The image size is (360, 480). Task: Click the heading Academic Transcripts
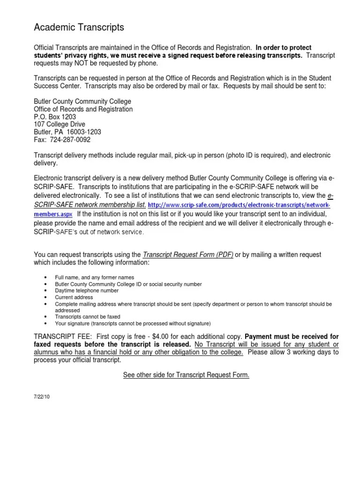79,28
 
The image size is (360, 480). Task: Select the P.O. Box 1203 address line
55,117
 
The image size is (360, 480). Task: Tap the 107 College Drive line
60,124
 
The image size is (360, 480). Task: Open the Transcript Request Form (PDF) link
188,255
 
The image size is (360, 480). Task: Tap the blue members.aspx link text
52,213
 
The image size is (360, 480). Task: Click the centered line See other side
186,375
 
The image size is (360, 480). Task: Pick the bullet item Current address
74,297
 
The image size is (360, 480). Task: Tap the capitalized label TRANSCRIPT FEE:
64,337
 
